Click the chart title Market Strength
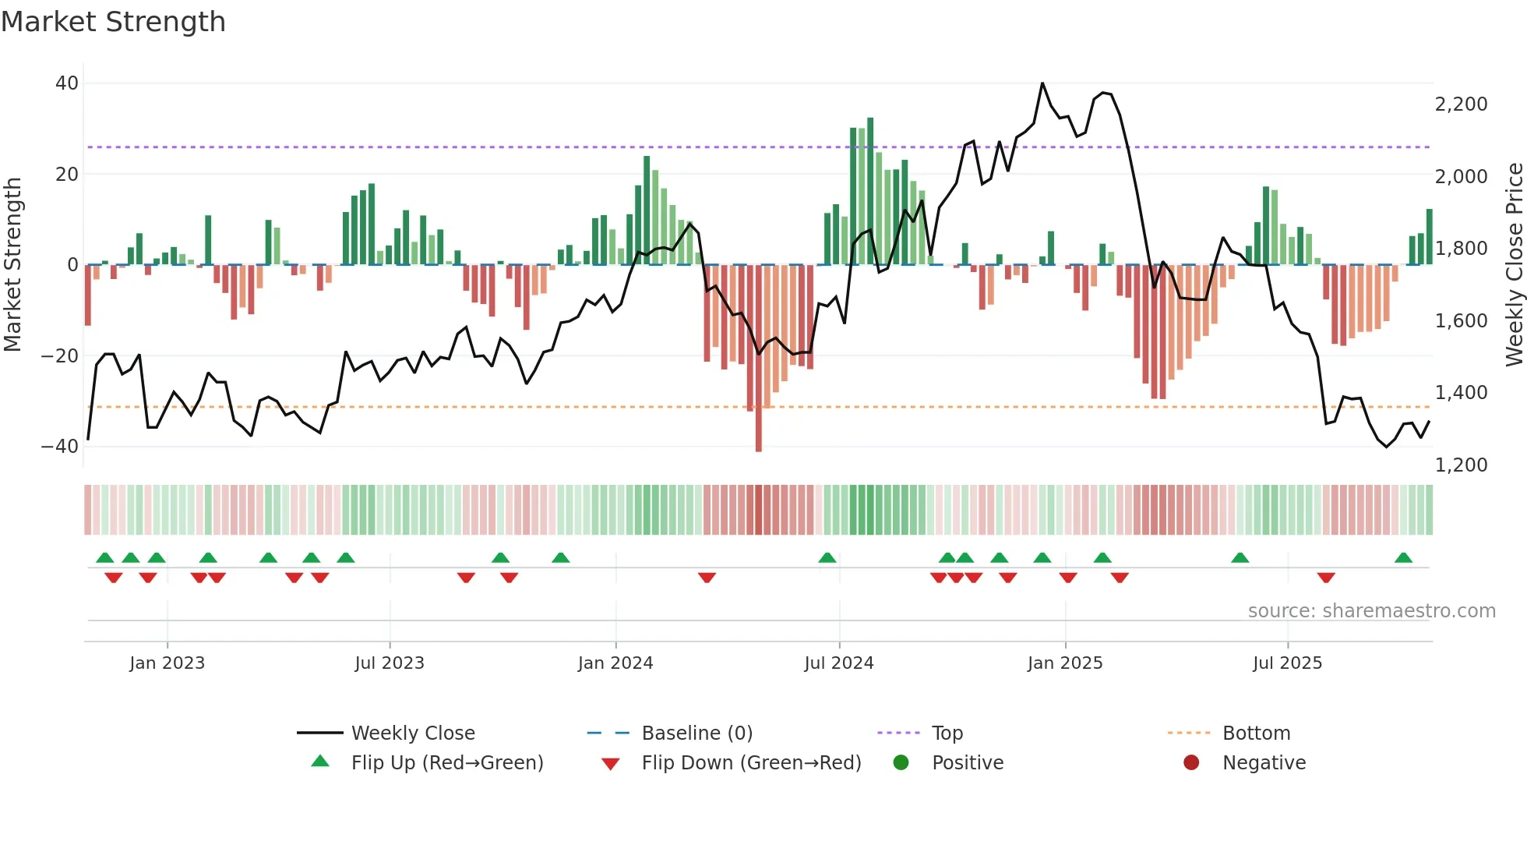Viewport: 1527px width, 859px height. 113,22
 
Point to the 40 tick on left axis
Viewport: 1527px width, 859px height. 67,83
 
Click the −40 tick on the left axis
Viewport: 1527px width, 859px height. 60,447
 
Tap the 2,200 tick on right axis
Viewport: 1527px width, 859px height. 1461,104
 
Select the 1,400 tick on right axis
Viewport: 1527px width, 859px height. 1461,393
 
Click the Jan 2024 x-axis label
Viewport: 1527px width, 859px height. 615,663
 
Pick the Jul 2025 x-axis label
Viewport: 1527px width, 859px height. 1287,663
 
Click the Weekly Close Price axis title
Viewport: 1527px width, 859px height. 1514,265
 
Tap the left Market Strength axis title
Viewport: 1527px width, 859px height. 13,265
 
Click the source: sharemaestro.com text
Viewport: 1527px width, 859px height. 1371,611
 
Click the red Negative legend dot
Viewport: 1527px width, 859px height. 1191,762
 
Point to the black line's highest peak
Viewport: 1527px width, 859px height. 1042,84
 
